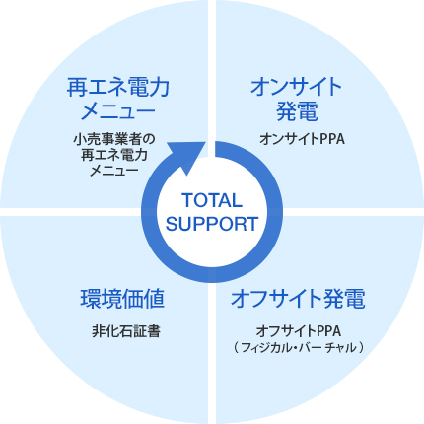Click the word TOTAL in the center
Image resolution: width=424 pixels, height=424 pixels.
(x=212, y=200)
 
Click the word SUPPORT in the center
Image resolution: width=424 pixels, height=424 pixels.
(x=212, y=224)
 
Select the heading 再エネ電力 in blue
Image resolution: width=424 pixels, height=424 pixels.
(x=118, y=87)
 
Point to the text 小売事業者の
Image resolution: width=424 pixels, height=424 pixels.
(x=113, y=139)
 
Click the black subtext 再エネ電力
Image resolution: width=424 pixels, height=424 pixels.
(x=114, y=155)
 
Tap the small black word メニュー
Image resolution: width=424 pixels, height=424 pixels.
(x=114, y=171)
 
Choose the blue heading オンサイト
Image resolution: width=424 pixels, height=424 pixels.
(x=296, y=87)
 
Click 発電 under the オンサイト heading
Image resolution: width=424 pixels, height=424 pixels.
(x=297, y=111)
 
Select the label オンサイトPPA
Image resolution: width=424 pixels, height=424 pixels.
(x=302, y=139)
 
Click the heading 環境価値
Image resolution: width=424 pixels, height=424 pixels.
(x=122, y=299)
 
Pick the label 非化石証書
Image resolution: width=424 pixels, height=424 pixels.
(x=126, y=331)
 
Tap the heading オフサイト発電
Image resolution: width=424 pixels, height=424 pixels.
(x=298, y=299)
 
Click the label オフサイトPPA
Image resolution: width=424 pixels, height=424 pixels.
(x=299, y=331)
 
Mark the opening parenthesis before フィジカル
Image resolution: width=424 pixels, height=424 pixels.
(x=237, y=348)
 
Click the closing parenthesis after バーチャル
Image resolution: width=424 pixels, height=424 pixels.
(x=361, y=348)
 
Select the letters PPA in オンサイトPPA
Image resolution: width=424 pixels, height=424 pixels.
(x=332, y=139)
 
